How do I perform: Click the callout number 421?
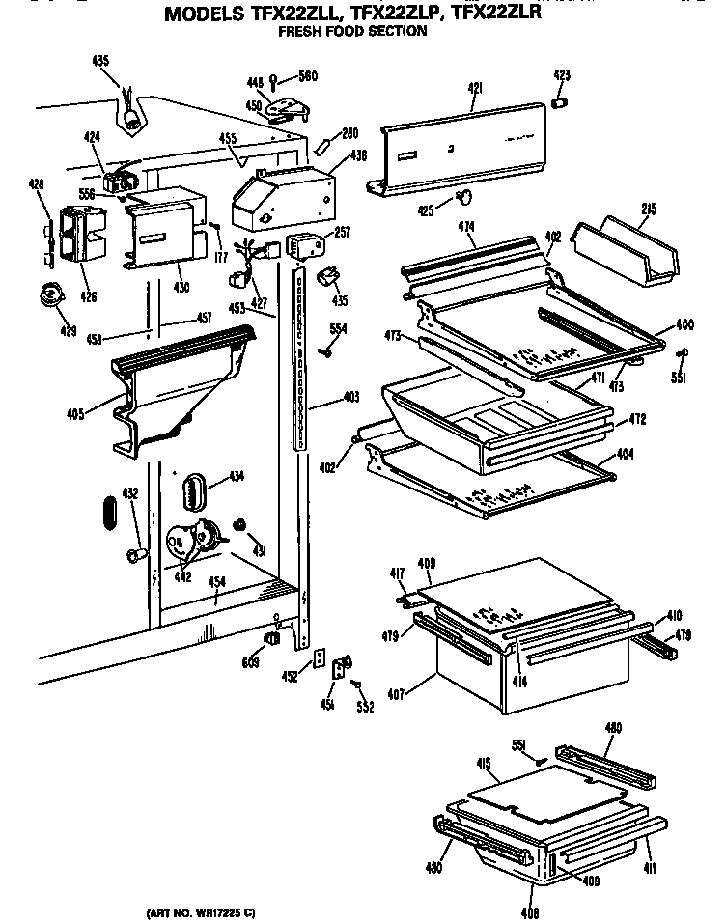[474, 89]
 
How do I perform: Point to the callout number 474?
[466, 228]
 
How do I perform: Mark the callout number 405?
[74, 414]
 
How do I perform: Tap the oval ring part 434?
[194, 488]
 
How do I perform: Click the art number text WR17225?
[207, 912]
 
